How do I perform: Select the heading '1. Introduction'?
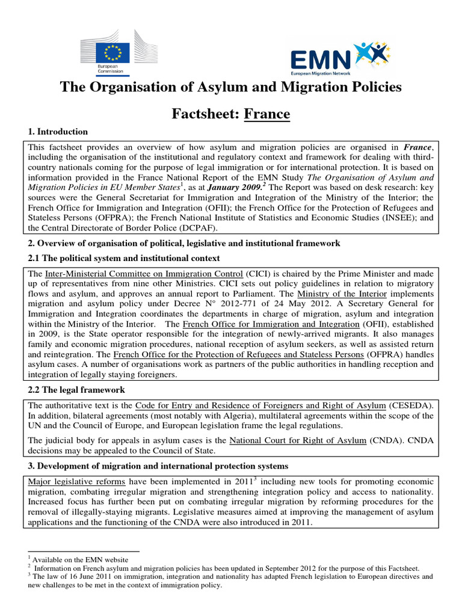(58, 132)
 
